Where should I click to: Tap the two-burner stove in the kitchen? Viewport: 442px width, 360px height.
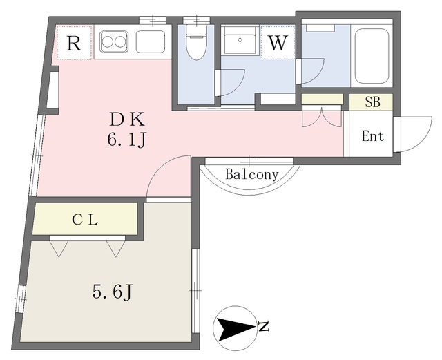coord(113,42)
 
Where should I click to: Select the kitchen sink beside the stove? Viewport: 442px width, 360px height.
coord(150,42)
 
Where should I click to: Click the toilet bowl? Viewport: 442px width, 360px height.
coord(196,44)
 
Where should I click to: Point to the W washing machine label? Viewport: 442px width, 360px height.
coord(277,44)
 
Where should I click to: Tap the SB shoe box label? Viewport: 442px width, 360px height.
coord(372,102)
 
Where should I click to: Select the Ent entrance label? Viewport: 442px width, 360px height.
coord(372,136)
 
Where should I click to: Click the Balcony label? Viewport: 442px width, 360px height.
coord(251,175)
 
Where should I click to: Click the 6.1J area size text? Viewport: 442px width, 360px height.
coord(126,140)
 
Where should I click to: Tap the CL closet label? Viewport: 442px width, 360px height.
coord(85,221)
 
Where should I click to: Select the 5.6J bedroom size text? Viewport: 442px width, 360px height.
coord(112,292)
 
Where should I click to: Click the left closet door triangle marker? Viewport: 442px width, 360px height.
coord(57,247)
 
